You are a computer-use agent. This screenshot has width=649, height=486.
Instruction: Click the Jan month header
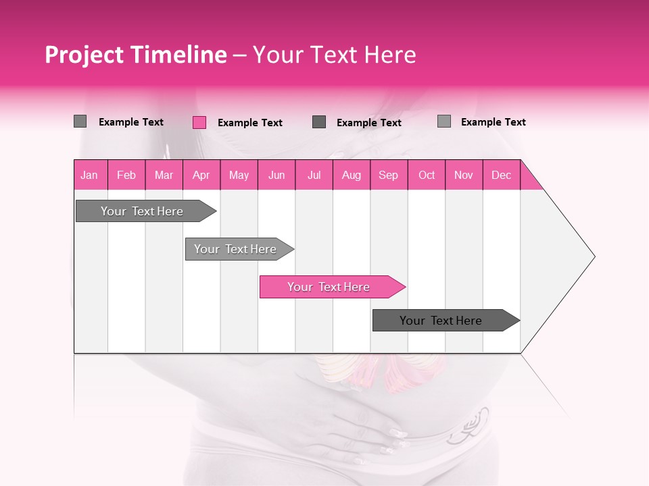coord(90,175)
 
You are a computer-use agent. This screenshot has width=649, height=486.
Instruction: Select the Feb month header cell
coord(126,175)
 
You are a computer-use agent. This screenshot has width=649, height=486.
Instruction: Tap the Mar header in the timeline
coord(164,175)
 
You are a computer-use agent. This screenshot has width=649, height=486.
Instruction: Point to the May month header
coord(239,175)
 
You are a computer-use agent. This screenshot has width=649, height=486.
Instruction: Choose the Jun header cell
coord(277,175)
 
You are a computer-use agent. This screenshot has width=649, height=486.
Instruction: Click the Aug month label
coord(351,175)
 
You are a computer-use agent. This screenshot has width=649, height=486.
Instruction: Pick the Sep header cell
coord(388,175)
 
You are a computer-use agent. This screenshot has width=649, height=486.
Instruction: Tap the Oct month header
coord(427,175)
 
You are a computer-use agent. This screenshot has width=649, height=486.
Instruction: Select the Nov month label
coord(464,175)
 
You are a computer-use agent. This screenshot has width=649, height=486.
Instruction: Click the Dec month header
coord(501,175)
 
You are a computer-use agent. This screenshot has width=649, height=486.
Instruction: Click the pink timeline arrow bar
coord(331,287)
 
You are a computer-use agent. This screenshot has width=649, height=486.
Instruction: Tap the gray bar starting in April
coord(237,249)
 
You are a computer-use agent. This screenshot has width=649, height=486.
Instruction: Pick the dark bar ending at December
coord(443,321)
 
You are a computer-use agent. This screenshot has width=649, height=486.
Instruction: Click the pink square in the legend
coord(199,122)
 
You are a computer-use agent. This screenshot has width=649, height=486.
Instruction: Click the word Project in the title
coord(85,55)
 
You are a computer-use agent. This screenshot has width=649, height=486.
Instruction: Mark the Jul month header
coord(314,175)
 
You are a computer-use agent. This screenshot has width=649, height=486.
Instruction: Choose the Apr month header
coord(201,175)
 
